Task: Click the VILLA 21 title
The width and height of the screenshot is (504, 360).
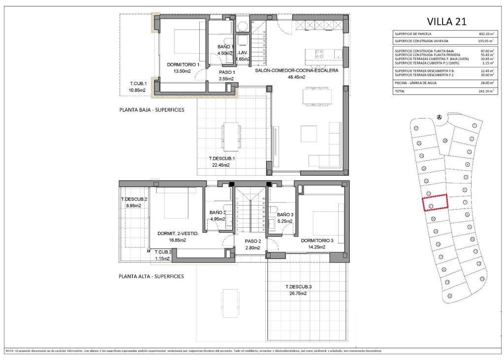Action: point(443,21)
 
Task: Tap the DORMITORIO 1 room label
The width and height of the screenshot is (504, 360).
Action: point(183,64)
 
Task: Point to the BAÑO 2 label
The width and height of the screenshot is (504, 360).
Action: point(218,213)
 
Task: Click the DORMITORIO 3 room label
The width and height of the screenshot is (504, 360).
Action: point(317,240)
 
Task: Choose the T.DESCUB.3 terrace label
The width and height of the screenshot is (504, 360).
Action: point(299,287)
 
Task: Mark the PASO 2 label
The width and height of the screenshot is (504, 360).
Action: point(252,241)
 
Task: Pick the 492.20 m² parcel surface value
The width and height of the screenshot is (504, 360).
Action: point(486,34)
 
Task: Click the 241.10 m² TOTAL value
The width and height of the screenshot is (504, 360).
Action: point(486,91)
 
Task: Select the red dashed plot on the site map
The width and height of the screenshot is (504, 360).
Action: point(436,202)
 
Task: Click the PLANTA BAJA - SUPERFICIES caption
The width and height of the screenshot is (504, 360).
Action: point(152,110)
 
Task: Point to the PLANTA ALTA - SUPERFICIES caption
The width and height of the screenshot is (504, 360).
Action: point(151,276)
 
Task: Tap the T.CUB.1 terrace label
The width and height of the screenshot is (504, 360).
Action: point(138,84)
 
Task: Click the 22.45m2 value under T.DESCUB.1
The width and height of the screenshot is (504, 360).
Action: point(221,165)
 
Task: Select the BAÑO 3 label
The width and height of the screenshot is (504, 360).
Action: point(284,215)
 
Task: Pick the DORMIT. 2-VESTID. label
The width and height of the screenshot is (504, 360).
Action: point(178,234)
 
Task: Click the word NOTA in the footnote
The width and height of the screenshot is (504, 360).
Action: point(10,351)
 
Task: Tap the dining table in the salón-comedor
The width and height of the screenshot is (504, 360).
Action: point(316,95)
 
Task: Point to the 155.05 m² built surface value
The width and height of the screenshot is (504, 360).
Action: point(486,41)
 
